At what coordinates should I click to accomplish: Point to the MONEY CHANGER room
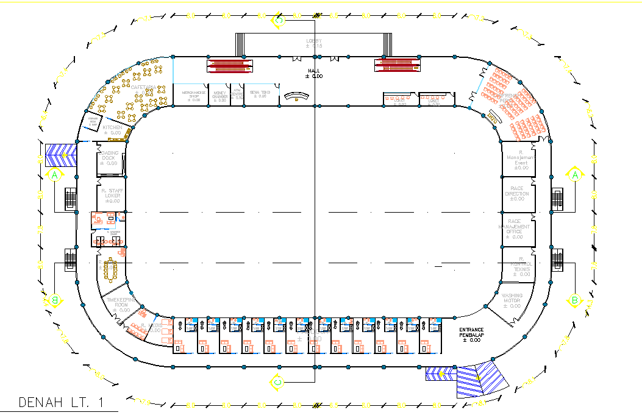pyautogui.click(x=219, y=96)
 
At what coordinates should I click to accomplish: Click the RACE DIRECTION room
pyautogui.click(x=517, y=194)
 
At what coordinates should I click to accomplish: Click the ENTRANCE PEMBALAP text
pyautogui.click(x=471, y=335)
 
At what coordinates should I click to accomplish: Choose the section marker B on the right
pyautogui.click(x=574, y=300)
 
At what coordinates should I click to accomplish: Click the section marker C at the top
pyautogui.click(x=279, y=20)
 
